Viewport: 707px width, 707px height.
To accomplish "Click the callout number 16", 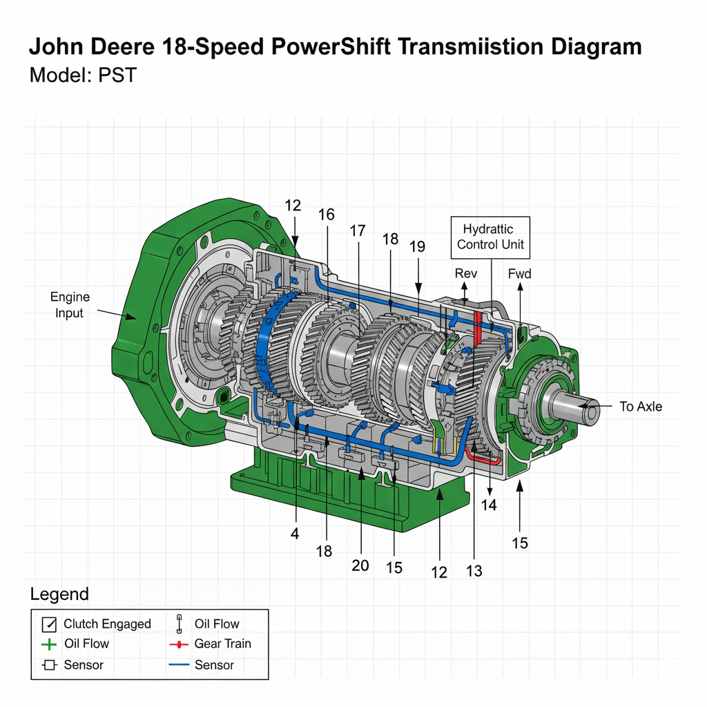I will (326, 215).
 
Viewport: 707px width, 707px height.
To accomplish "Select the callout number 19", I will (416, 246).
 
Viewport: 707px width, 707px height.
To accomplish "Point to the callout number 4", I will (295, 534).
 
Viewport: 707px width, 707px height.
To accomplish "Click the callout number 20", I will (360, 565).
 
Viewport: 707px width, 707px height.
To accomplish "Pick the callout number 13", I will (474, 571).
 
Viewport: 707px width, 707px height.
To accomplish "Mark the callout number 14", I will (489, 505).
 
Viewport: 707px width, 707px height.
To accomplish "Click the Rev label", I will (466, 274).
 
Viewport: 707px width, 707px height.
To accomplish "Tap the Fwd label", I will (519, 274).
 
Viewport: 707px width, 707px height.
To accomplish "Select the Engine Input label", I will (70, 305).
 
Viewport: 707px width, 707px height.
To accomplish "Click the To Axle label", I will (640, 407).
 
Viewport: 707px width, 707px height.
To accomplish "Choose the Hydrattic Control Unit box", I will (490, 237).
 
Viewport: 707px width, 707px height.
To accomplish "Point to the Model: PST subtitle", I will (83, 75).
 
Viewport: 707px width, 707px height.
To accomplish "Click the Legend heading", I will (59, 594).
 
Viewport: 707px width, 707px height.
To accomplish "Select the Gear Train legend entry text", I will (222, 643).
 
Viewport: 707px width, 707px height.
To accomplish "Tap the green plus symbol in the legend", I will (48, 644).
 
